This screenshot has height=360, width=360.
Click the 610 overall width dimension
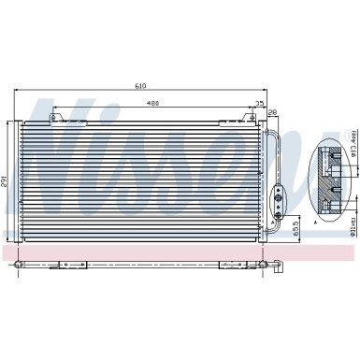(140, 86)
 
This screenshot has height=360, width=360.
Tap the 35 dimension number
(259, 104)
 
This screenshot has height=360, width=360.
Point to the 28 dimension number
(272, 113)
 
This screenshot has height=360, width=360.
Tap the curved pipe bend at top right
(276, 131)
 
